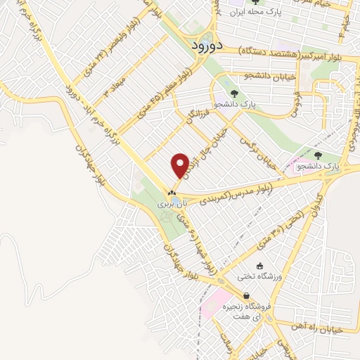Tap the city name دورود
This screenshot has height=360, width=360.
click(207, 44)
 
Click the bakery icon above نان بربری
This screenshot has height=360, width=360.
click(172, 193)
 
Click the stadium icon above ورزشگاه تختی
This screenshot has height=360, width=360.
click(261, 266)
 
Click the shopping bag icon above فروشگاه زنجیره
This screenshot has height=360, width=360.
click(246, 296)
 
